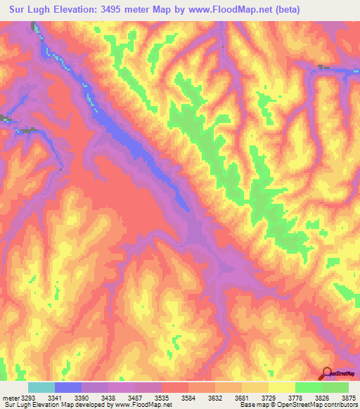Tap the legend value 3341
(x=68, y=396)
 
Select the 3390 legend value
(x=95, y=396)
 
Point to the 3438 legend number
(x=122, y=396)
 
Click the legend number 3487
(x=148, y=396)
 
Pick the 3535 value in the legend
(x=175, y=396)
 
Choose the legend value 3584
(x=202, y=396)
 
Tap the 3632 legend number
(x=229, y=396)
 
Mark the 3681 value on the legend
(x=256, y=396)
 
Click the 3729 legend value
(x=283, y=396)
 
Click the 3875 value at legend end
(x=348, y=396)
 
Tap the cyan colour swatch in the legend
(x=41, y=387)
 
